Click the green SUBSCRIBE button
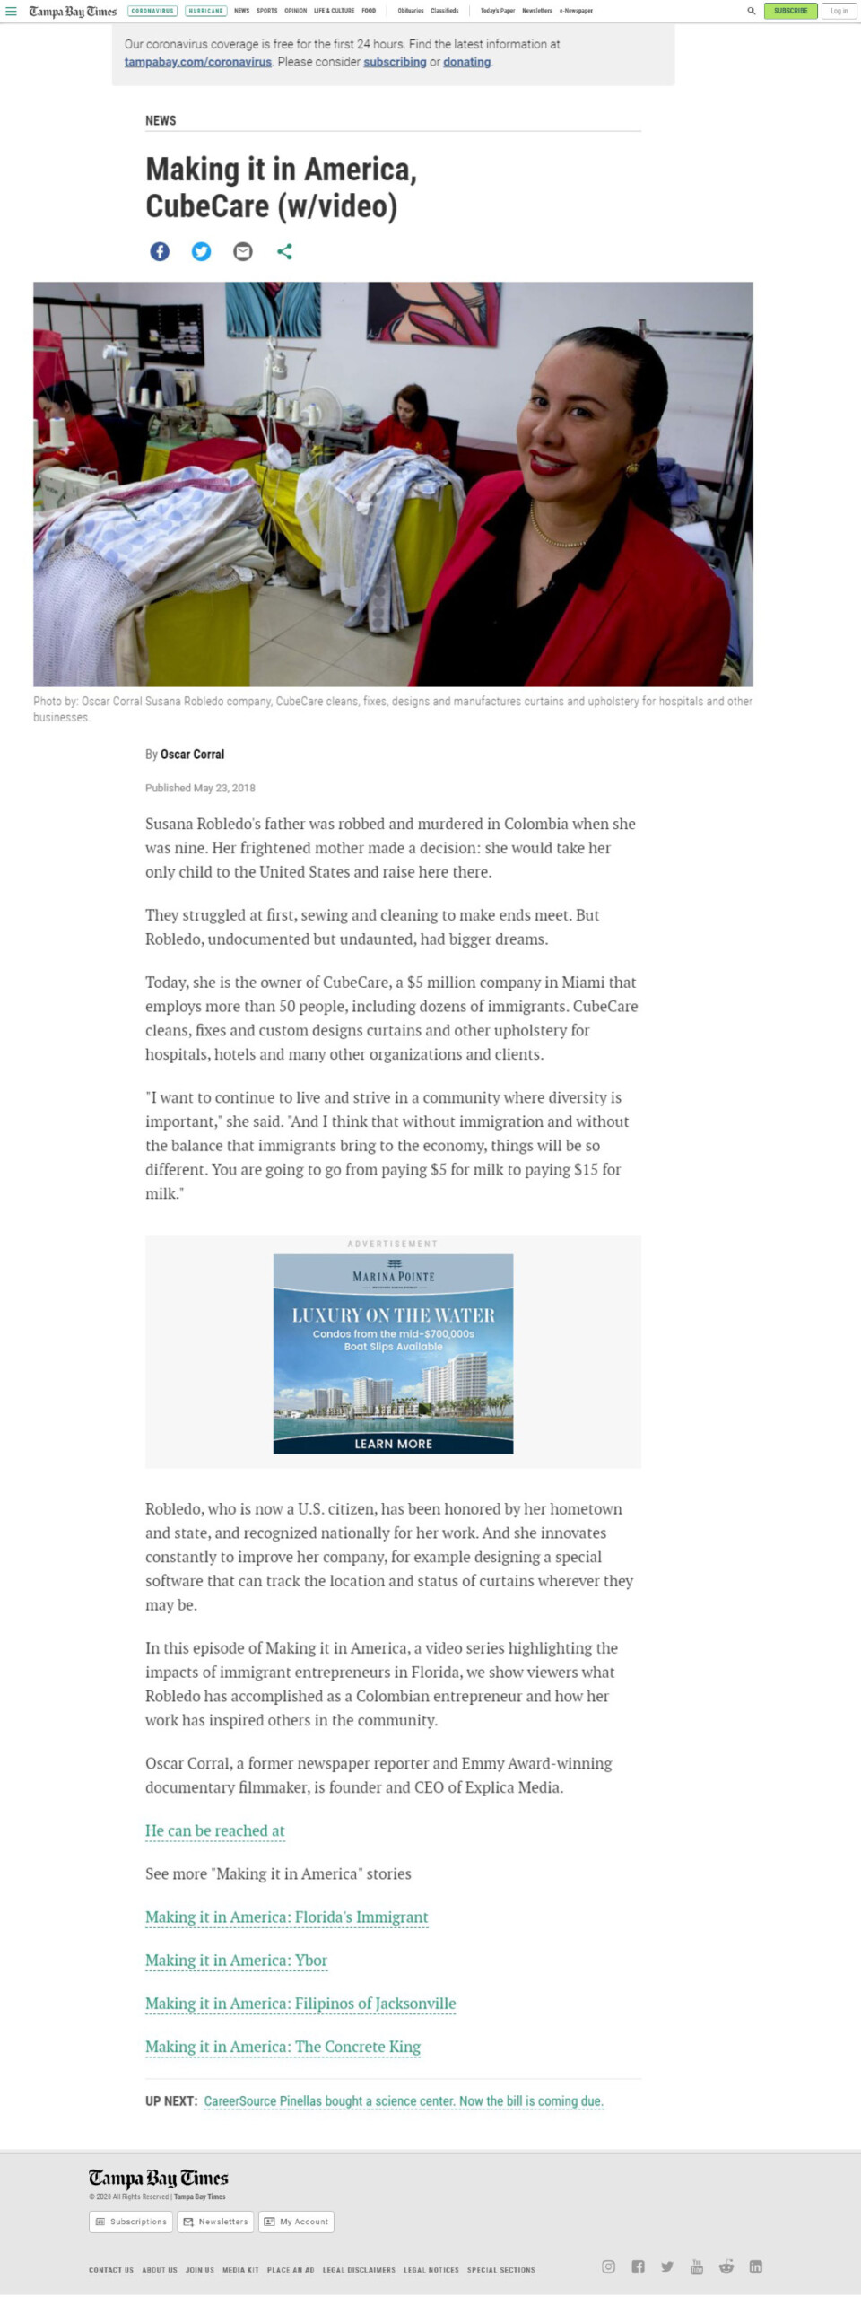(790, 11)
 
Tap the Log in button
(839, 11)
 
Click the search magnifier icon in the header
(752, 11)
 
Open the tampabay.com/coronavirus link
(197, 62)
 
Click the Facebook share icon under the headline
(160, 252)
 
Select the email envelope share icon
(243, 252)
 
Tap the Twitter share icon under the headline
(202, 252)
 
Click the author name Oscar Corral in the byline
(192, 755)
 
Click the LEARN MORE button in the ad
(393, 1444)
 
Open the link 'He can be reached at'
(214, 1830)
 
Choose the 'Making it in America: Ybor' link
(236, 1961)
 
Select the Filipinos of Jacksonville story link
(300, 2004)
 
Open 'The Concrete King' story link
(283, 2047)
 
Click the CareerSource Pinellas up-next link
(404, 2101)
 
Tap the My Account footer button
(297, 2222)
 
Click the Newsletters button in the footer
(215, 2222)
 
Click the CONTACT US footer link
(111, 2270)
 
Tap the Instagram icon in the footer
(608, 2266)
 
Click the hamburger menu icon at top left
(12, 11)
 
